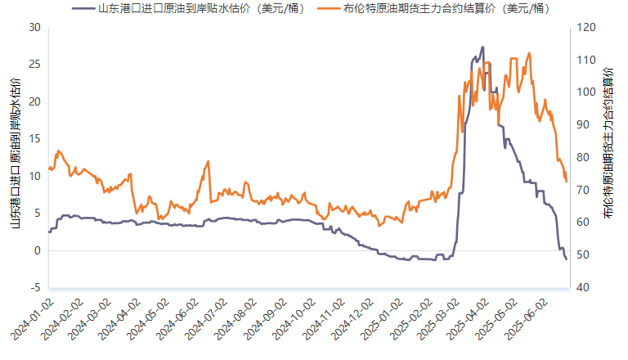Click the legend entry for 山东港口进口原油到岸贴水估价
[x=188, y=8]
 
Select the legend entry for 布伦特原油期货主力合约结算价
[x=433, y=8]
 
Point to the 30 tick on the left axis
[x=35, y=28]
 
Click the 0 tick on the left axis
[x=38, y=250]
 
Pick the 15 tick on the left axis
[x=35, y=139]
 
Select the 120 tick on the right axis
[x=586, y=28]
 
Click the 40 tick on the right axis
[x=583, y=288]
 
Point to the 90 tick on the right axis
[x=583, y=125]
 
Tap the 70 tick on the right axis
[x=583, y=190]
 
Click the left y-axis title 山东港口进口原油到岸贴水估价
[x=16, y=153]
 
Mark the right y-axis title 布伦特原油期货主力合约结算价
[x=608, y=142]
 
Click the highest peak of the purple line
[x=483, y=47]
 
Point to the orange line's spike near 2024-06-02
[x=209, y=161]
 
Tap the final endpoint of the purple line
[x=567, y=259]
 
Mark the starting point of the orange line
[x=49, y=169]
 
